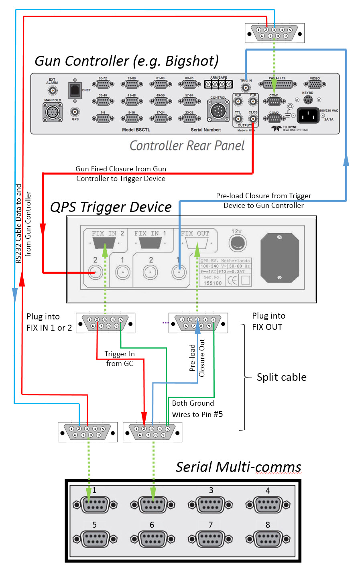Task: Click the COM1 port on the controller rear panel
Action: tap(274, 101)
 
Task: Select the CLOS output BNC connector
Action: tap(253, 119)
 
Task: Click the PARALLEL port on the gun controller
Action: tap(277, 84)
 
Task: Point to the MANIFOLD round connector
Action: tap(53, 112)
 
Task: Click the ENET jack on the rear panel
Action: tap(75, 90)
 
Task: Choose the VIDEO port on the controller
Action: tap(315, 84)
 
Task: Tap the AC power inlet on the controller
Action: tap(308, 116)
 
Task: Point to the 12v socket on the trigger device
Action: tap(237, 243)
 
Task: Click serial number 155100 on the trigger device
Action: tap(213, 283)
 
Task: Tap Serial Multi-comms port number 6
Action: tap(152, 539)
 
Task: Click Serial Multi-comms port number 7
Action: tap(210, 539)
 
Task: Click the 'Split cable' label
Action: tap(281, 377)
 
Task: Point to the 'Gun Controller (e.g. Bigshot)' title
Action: tap(126, 61)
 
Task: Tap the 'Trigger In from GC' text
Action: tap(120, 359)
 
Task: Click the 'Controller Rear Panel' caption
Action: tap(187, 145)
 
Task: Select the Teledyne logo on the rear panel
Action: tap(277, 128)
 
